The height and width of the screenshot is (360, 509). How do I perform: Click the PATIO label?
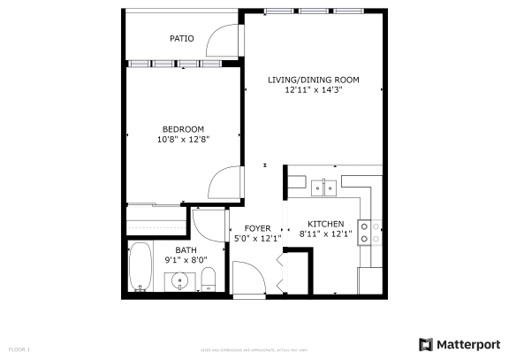(182, 39)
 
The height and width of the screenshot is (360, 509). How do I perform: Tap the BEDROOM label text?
(183, 129)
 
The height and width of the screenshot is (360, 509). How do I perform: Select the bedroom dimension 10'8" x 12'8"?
(183, 139)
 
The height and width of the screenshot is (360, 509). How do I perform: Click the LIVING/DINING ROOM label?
(313, 80)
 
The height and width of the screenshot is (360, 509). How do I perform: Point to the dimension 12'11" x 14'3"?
(313, 89)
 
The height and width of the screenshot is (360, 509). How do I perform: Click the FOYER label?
(257, 228)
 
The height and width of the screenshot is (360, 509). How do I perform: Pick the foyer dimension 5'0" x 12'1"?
(257, 238)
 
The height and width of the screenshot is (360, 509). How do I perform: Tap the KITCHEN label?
(325, 224)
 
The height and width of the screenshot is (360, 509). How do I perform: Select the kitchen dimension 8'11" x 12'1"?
(325, 234)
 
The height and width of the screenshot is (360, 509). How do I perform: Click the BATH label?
(186, 250)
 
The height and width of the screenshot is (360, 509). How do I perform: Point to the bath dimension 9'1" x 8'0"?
(186, 260)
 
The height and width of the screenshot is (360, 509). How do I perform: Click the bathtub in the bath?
(141, 267)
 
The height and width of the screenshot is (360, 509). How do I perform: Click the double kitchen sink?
(323, 187)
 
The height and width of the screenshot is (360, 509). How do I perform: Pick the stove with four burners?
(369, 231)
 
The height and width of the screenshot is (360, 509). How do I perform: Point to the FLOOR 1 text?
(19, 349)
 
